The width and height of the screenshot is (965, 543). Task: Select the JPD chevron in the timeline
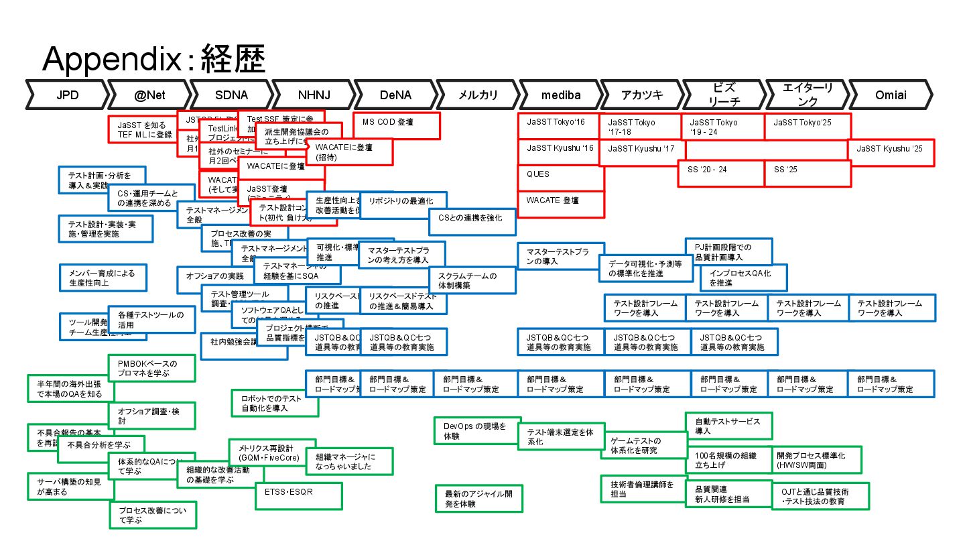pyautogui.click(x=67, y=95)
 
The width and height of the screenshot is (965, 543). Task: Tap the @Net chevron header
pyautogui.click(x=149, y=95)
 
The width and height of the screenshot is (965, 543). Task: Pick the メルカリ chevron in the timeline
pyautogui.click(x=478, y=95)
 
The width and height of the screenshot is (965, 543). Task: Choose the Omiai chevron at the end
pyautogui.click(x=891, y=95)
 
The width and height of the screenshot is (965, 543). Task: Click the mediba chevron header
pyautogui.click(x=561, y=95)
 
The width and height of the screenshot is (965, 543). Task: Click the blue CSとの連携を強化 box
pyautogui.click(x=472, y=221)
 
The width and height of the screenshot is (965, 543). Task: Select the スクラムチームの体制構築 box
pyautogui.click(x=472, y=280)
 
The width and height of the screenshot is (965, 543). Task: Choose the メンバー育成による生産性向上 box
pyautogui.click(x=102, y=278)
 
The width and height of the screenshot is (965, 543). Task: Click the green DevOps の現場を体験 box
pyautogui.click(x=478, y=430)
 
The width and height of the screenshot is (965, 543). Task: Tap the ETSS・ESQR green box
pyautogui.click(x=298, y=495)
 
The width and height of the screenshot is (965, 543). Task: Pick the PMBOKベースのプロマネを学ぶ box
pyautogui.click(x=152, y=367)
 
